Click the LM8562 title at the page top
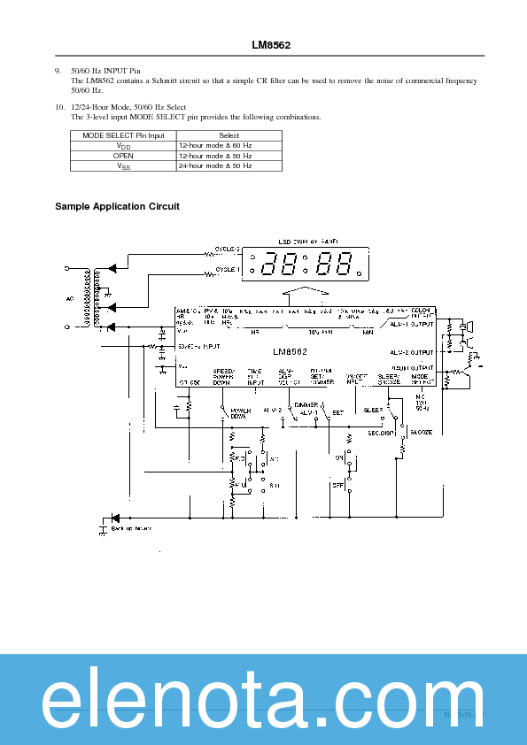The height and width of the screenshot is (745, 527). [270, 44]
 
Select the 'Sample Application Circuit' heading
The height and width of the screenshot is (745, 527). [117, 206]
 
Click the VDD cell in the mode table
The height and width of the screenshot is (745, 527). [123, 145]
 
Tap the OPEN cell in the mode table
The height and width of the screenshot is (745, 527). [123, 155]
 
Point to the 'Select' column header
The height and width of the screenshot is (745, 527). [229, 135]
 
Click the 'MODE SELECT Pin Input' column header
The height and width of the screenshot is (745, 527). [123, 135]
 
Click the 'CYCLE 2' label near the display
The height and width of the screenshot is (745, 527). [228, 250]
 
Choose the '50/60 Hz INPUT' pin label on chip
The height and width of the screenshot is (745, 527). [198, 346]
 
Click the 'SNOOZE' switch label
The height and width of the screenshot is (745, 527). [421, 433]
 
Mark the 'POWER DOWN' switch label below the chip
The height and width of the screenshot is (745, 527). [241, 413]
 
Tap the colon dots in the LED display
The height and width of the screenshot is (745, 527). [306, 264]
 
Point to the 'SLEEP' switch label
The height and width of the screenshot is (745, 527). [373, 411]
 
